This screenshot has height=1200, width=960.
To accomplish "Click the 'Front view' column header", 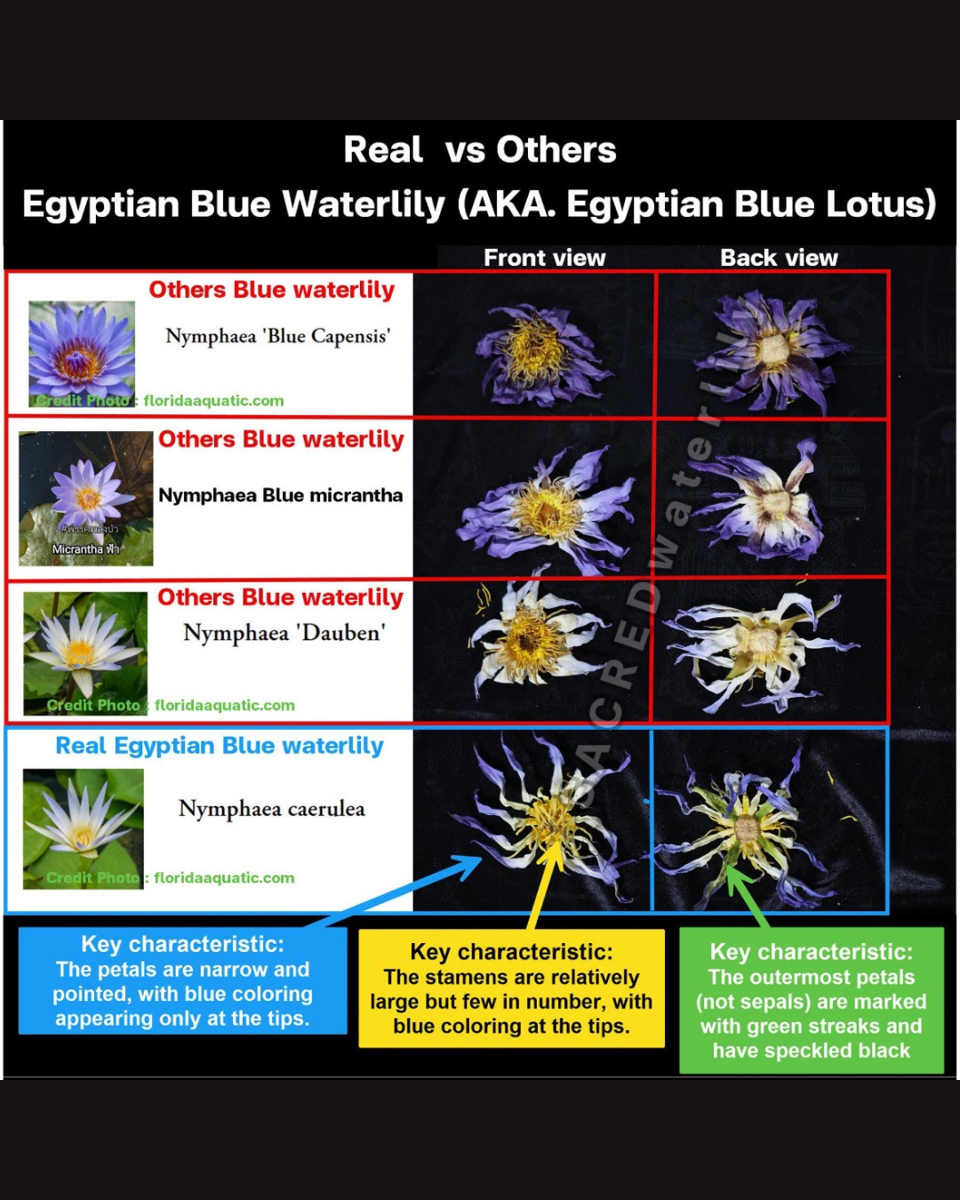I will (544, 258).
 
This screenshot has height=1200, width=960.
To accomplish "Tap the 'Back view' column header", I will (779, 258).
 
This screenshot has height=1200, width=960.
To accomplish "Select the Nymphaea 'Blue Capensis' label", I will (278, 336).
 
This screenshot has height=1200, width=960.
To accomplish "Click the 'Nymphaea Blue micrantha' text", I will (280, 495).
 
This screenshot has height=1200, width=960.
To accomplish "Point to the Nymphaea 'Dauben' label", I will (284, 633).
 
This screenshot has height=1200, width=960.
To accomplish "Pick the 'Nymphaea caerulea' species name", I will (272, 809).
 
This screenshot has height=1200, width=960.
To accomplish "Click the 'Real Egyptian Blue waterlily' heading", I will (220, 746).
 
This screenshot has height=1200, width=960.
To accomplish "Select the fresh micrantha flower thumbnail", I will (86, 498).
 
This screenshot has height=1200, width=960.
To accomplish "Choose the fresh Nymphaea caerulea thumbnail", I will (83, 828).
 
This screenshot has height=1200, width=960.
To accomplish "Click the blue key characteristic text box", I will (182, 980).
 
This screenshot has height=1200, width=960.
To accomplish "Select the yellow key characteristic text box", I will (511, 988).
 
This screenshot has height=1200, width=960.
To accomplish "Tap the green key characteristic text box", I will (811, 1000).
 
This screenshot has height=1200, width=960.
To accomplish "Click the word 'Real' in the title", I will (383, 149).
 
